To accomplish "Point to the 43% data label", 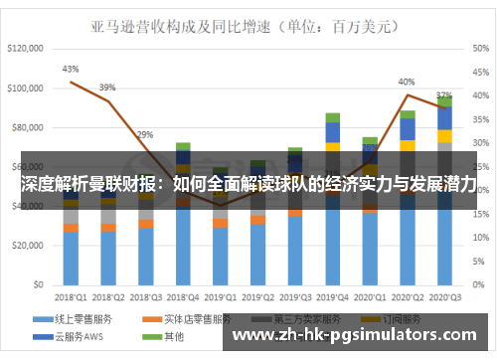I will click(71, 69).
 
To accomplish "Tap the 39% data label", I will click(107, 87).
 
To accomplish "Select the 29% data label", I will click(145, 134).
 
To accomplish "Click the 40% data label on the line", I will click(407, 82).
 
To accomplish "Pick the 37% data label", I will click(444, 95).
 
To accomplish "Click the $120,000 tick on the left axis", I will click(27, 48).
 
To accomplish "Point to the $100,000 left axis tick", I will click(27, 88).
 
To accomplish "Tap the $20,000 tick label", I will click(30, 246).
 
